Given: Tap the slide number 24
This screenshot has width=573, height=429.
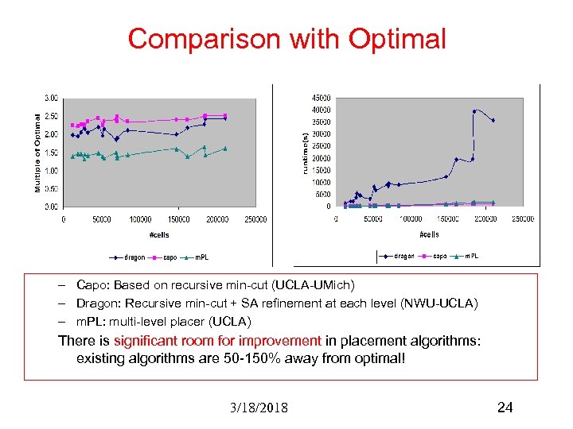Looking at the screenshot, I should (505, 408).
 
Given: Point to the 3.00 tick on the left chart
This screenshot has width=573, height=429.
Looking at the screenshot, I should (50, 98).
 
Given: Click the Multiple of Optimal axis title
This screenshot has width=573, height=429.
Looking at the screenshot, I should (37, 151).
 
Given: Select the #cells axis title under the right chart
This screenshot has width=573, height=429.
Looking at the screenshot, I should (428, 234).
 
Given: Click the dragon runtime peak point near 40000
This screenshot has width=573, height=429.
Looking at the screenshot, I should (474, 111).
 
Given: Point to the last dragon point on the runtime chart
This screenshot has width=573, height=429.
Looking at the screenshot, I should (493, 121).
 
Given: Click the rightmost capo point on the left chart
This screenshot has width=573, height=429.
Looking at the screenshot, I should (225, 115).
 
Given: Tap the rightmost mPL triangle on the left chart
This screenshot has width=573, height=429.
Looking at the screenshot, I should (225, 148).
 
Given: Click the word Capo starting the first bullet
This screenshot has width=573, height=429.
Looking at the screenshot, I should (89, 284).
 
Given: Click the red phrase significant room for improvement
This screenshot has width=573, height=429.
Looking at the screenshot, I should (217, 341).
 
